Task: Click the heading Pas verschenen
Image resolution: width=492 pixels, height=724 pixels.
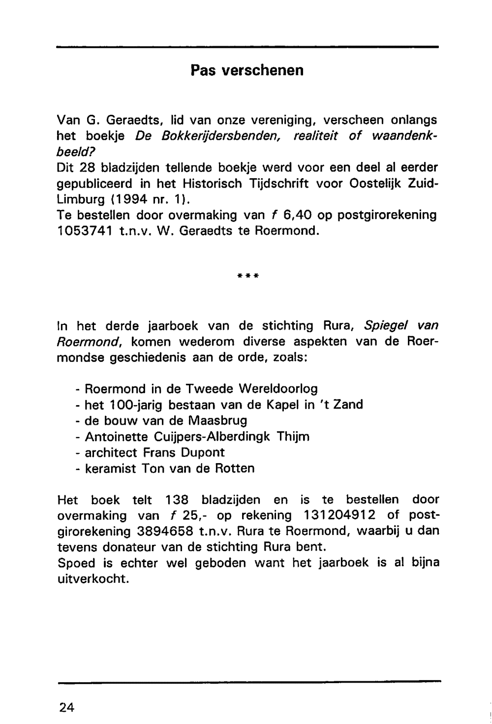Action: tap(247, 71)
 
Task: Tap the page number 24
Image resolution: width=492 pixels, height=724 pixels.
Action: tap(67, 707)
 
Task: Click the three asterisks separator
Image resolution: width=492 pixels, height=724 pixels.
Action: tap(247, 277)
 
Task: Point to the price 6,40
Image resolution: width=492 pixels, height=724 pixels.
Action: tap(299, 216)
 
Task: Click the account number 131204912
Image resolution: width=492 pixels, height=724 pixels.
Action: tap(340, 515)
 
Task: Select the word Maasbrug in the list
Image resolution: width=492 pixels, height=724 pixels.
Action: tap(218, 421)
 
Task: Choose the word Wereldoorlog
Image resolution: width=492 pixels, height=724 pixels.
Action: tap(278, 389)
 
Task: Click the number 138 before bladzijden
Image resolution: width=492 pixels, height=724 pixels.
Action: tap(177, 500)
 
